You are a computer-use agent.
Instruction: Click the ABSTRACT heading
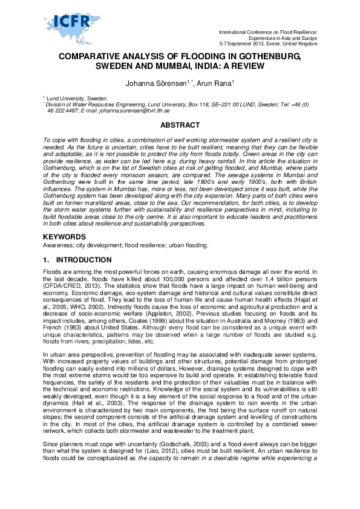click(x=179, y=125)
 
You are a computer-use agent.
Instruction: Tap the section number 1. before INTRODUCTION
click(x=47, y=260)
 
